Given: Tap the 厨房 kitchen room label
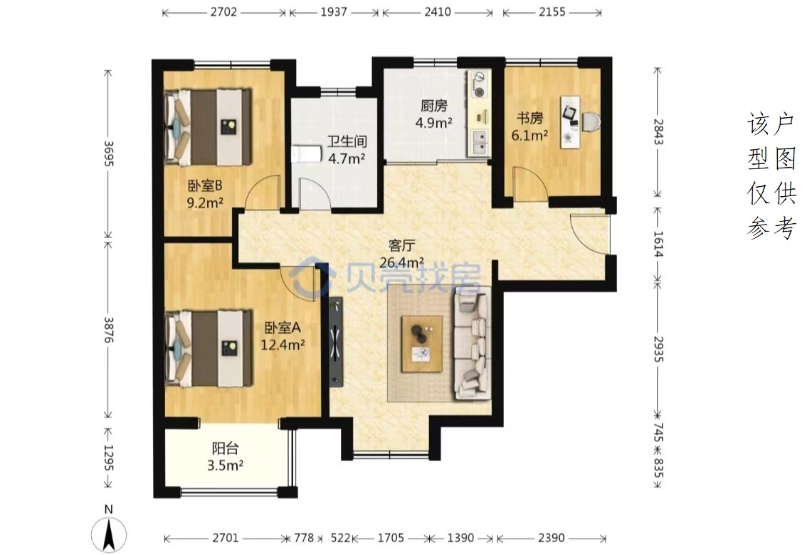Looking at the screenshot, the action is pos(433,106).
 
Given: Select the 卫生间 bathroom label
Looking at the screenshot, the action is pos(347,141).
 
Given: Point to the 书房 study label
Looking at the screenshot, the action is pos(529,119).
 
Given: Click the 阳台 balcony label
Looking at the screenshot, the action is pos(226,448).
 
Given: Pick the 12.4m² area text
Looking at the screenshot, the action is pos(283,344).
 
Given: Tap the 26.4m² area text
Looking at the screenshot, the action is pos(402,263).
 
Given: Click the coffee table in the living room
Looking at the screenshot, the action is pos(423,343).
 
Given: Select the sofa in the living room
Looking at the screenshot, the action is pos(473,345).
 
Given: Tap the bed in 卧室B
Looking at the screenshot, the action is pos(207,127).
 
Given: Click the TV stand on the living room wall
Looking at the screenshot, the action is pos(336,342).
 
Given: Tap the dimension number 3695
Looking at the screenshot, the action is pos(108,153).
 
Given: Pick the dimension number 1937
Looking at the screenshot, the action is pos(334,11).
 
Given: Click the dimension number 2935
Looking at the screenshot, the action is pos(658,349).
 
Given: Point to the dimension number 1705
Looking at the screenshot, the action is pos(391,538).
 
